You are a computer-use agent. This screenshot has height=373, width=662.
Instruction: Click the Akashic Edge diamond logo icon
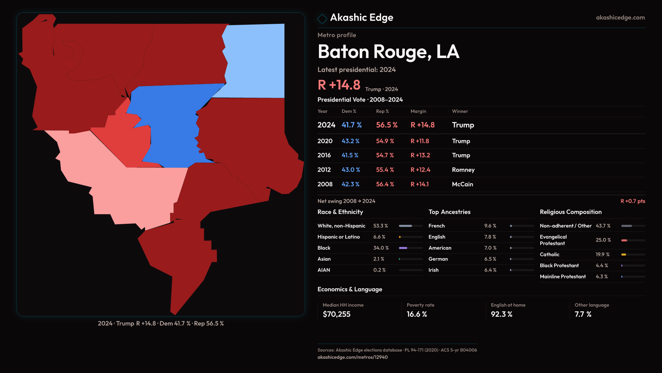322,19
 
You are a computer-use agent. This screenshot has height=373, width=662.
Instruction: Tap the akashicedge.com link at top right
620,18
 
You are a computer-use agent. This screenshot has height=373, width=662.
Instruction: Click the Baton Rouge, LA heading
388,52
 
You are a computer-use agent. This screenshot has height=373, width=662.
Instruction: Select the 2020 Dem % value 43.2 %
350,141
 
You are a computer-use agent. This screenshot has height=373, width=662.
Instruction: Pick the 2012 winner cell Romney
463,170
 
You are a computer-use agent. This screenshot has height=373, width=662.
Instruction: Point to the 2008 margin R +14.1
420,184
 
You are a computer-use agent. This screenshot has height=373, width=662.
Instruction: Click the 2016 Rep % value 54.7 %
385,155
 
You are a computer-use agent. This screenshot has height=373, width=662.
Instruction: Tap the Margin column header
418,111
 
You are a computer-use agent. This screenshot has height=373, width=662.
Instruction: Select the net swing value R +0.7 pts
633,201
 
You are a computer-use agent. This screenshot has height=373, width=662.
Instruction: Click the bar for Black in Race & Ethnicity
403,248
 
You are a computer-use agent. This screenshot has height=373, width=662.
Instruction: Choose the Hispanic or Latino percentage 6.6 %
379,237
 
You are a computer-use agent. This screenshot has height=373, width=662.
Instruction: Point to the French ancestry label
437,226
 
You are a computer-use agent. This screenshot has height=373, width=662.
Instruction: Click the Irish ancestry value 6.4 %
490,270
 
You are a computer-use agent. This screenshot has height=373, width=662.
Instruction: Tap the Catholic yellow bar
624,255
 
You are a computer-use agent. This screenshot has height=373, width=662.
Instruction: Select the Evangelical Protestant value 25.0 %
603,240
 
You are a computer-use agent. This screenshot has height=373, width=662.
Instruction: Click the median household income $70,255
337,314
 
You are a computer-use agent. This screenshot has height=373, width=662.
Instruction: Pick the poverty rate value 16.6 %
417,314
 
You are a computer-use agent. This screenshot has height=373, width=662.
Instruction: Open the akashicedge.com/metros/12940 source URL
352,357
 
